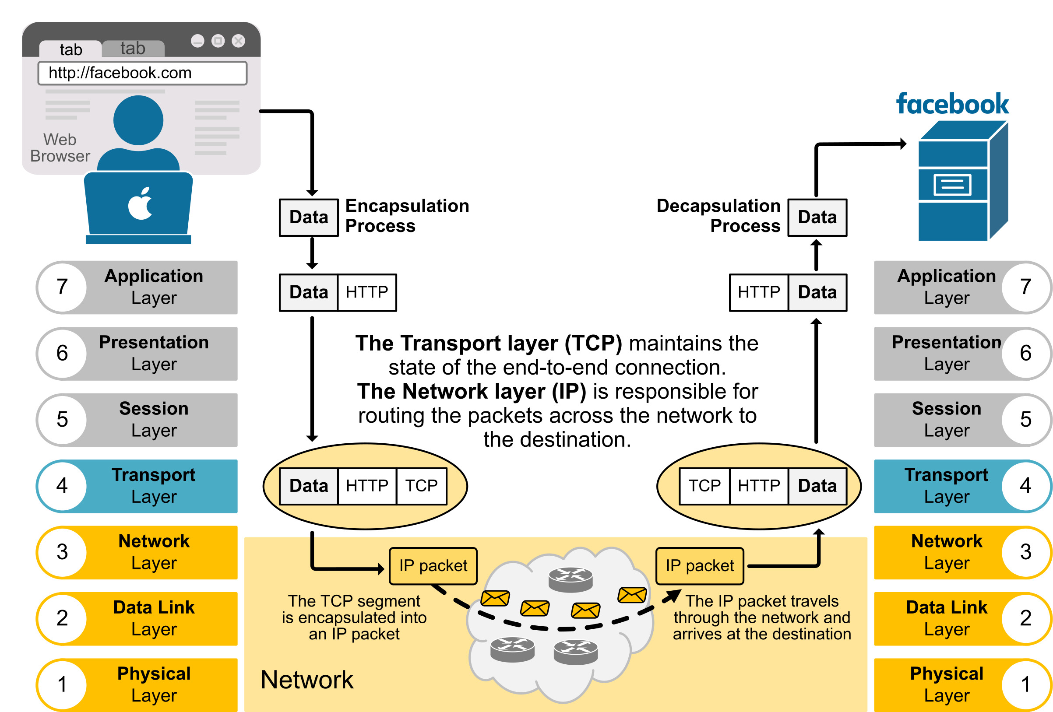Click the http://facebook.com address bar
[142, 74]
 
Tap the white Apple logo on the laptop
[141, 204]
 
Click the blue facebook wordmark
[952, 104]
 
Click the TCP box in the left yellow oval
[421, 486]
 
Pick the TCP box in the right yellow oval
[704, 486]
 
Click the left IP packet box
[433, 566]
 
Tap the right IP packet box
[700, 566]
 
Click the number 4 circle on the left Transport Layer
[62, 486]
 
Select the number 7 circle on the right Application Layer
[1026, 287]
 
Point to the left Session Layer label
[154, 419]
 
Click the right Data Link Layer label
[946, 618]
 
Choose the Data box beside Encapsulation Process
[309, 217]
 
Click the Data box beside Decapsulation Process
[817, 217]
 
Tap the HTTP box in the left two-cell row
[367, 292]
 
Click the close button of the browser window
[238, 41]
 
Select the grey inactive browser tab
[133, 49]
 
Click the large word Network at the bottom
[307, 680]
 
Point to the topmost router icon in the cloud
[571, 579]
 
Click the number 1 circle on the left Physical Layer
[62, 684]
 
